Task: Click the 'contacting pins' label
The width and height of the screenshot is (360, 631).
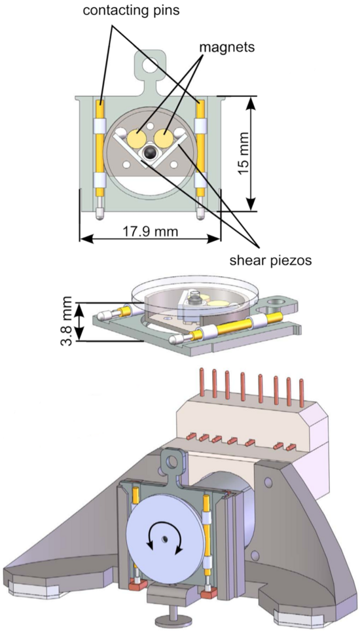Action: [131, 10]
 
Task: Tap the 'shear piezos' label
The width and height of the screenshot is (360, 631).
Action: [270, 261]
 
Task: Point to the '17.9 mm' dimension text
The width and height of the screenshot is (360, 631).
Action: [150, 232]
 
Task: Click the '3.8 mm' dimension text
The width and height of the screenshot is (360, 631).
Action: [67, 321]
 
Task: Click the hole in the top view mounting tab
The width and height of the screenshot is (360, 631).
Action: [151, 63]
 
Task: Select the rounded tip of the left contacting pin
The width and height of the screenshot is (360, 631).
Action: [99, 215]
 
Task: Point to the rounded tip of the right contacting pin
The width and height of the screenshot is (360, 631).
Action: [200, 215]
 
